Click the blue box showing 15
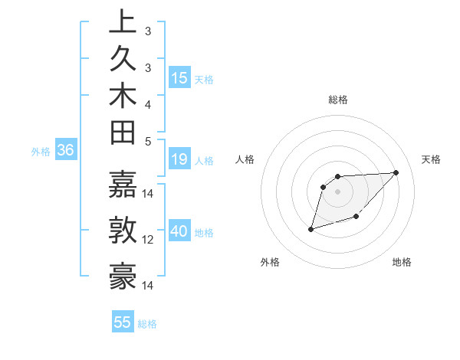pos(179,78)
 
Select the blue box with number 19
pos(179,160)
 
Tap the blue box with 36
pos(66,151)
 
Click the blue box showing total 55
pos(123,322)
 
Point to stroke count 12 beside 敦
pos(148,240)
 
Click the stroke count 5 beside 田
pos(148,140)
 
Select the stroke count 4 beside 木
pos(148,104)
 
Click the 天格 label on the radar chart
pos(432,159)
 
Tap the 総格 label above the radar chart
pos(338,100)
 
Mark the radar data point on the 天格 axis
pos(396,172)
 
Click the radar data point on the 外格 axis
pos(310,229)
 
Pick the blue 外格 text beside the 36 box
pos(41,152)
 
